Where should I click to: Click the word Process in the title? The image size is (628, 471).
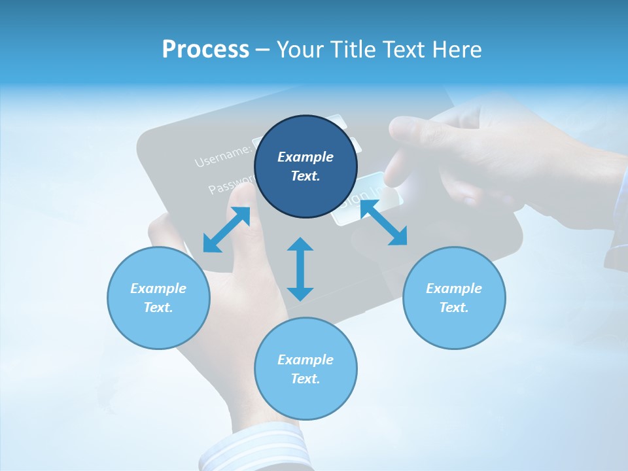coord(205,50)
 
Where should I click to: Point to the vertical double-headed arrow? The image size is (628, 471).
coord(300,270)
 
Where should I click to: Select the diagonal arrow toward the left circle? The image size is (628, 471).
coord(226,230)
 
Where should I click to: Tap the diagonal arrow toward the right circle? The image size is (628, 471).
coord(384,222)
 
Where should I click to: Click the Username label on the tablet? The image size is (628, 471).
coord(222,155)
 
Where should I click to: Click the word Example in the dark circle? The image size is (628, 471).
coord(305,157)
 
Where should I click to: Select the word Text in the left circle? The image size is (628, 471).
coord(158,307)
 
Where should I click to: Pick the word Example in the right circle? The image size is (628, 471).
coord(454,288)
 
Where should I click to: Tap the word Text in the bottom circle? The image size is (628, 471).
coord(305,379)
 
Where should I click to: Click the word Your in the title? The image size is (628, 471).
coord(296,50)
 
